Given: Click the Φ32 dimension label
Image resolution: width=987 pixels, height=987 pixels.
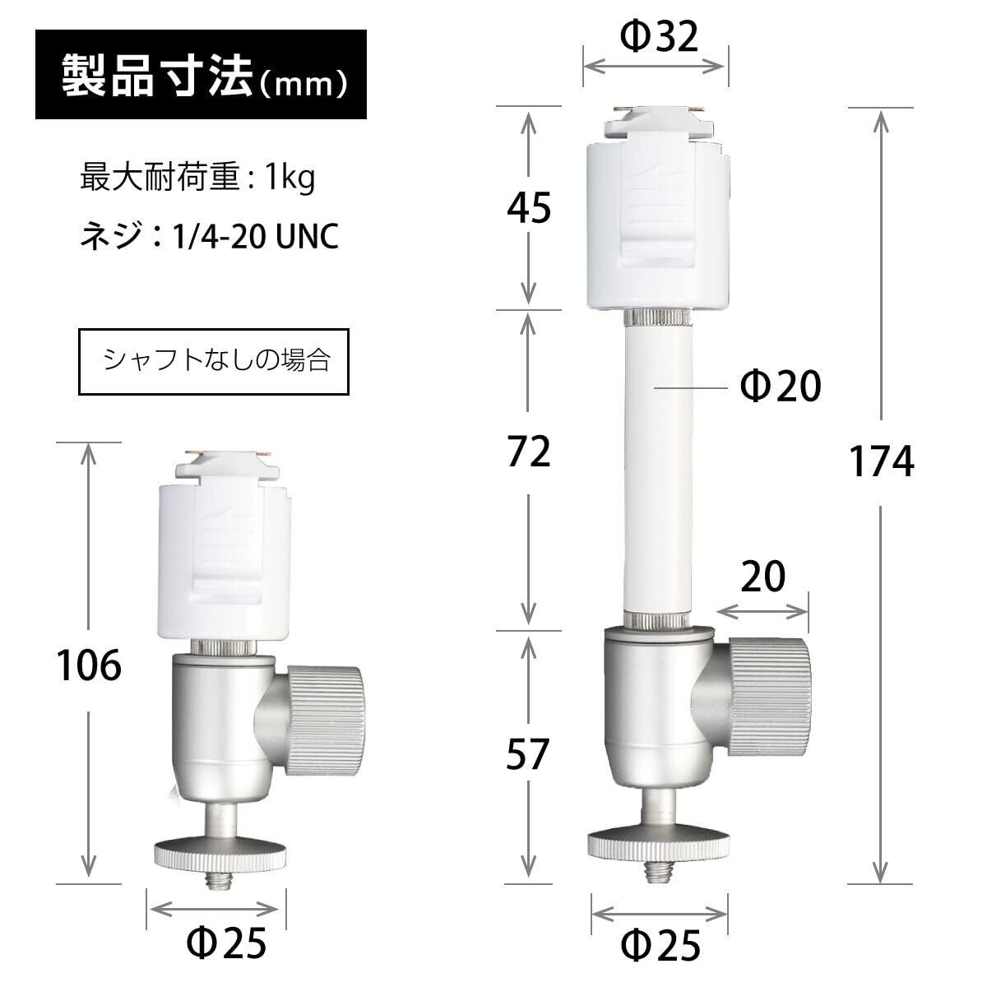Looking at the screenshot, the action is pos(659,37).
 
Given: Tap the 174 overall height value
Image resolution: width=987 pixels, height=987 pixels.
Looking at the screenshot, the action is pos(881,461).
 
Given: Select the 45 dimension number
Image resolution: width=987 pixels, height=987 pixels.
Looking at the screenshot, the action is pos(529,208).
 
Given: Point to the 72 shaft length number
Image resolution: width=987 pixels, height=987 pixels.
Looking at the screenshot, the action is pos(529,452).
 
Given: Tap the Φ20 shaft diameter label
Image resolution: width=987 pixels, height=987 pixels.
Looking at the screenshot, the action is pos(780,386).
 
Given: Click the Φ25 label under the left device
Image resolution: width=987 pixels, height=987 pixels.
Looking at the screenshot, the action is pos(226,943).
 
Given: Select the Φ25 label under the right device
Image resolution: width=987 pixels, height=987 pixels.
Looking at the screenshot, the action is pos(660,946).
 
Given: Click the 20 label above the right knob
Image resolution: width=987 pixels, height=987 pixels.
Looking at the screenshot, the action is pos(762,577).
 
